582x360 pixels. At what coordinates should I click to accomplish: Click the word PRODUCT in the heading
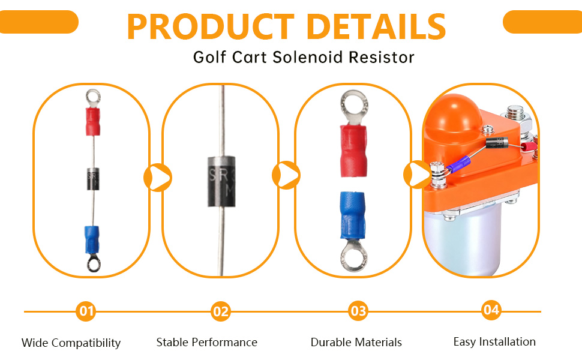click(x=211, y=26)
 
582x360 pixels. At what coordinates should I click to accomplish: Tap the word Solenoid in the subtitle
click(x=307, y=57)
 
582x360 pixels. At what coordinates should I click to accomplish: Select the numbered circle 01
click(x=86, y=311)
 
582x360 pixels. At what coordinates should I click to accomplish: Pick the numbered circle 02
click(x=221, y=311)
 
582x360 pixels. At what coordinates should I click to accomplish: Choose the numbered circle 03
click(x=358, y=311)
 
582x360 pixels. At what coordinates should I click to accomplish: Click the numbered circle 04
click(x=491, y=310)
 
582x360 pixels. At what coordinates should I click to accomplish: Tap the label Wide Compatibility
click(x=71, y=343)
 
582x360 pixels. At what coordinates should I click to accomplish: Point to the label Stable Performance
click(x=207, y=342)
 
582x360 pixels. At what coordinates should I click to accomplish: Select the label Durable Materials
click(x=356, y=342)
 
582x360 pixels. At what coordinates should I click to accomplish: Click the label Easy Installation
click(x=494, y=341)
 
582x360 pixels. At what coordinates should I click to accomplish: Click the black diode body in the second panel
click(x=221, y=181)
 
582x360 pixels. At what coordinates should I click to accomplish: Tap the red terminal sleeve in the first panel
click(x=93, y=122)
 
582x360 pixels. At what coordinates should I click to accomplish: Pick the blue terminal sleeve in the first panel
click(x=92, y=239)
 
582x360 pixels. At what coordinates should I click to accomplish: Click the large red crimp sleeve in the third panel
click(x=353, y=151)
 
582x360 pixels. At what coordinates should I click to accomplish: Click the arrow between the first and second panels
click(x=158, y=178)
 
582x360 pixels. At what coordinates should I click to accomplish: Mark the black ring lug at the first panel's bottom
click(x=94, y=263)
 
